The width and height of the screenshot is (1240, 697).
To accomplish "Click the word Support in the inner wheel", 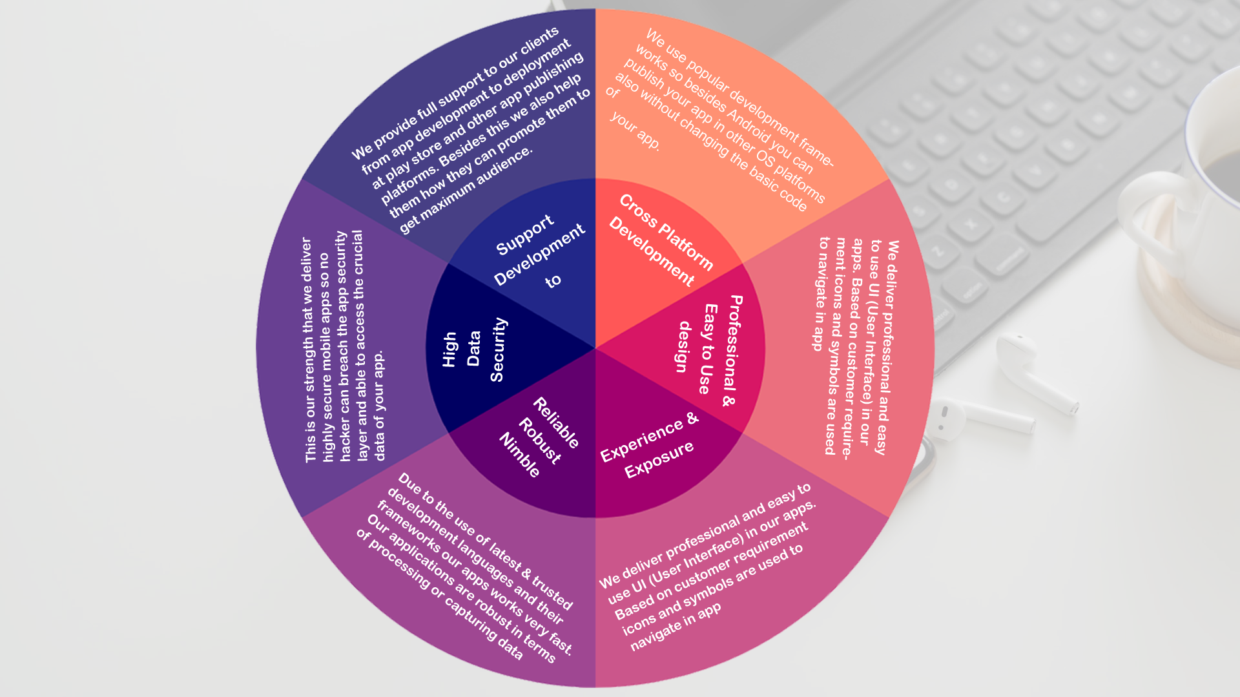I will (524, 234).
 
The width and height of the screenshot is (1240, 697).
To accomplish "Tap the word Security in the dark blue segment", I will (498, 349).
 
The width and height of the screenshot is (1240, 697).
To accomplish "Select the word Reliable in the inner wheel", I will (556, 423).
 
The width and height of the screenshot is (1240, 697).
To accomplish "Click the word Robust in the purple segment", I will (540, 441).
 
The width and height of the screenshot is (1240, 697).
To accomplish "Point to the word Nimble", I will (520, 455).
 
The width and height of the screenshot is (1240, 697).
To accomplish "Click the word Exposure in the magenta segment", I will (659, 459).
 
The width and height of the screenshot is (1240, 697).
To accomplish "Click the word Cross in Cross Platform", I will (638, 211).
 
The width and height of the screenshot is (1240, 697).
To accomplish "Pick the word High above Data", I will (449, 349).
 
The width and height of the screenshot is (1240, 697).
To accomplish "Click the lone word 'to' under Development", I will (553, 281).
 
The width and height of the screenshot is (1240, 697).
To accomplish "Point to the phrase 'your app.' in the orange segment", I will (635, 131).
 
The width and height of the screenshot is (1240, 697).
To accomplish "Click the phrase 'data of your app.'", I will (379, 405).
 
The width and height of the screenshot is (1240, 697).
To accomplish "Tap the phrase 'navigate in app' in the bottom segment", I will (676, 627).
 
